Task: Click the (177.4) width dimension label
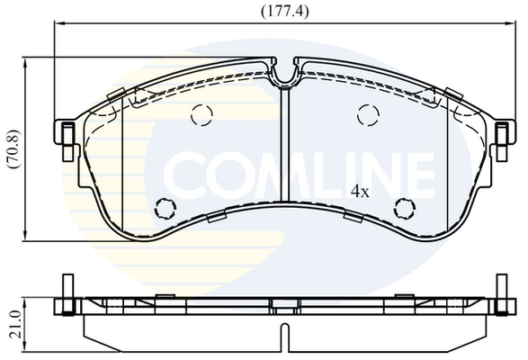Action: click(285, 12)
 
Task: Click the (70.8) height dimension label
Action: click(14, 148)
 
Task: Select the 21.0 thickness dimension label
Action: click(15, 325)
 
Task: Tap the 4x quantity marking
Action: click(360, 192)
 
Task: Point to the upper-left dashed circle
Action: click(201, 115)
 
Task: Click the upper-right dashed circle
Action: click(368, 115)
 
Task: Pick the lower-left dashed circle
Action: click(166, 208)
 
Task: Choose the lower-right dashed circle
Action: click(405, 208)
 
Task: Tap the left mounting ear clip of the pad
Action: click(68, 141)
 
